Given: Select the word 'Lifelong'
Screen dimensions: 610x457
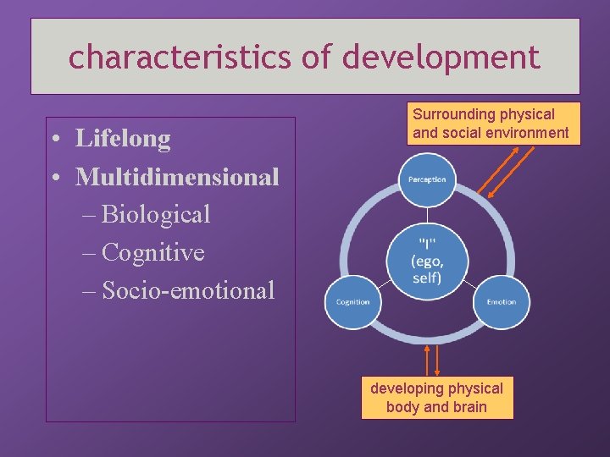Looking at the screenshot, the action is click(123, 138).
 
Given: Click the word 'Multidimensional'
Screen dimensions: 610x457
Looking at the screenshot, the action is click(177, 177).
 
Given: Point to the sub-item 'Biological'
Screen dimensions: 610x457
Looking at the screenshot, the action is click(156, 215).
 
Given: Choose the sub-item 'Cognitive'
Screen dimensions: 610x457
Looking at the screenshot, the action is click(153, 253).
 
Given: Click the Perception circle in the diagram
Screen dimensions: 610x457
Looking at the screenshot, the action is click(427, 179).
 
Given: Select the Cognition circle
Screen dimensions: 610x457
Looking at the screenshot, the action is click(352, 302).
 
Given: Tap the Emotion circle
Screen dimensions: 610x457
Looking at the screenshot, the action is click(501, 302).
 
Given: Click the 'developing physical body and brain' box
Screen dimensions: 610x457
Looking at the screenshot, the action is click(436, 398).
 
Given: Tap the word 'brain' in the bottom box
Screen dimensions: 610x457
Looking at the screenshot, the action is click(469, 407).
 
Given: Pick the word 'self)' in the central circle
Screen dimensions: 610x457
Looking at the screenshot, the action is click(427, 278).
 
